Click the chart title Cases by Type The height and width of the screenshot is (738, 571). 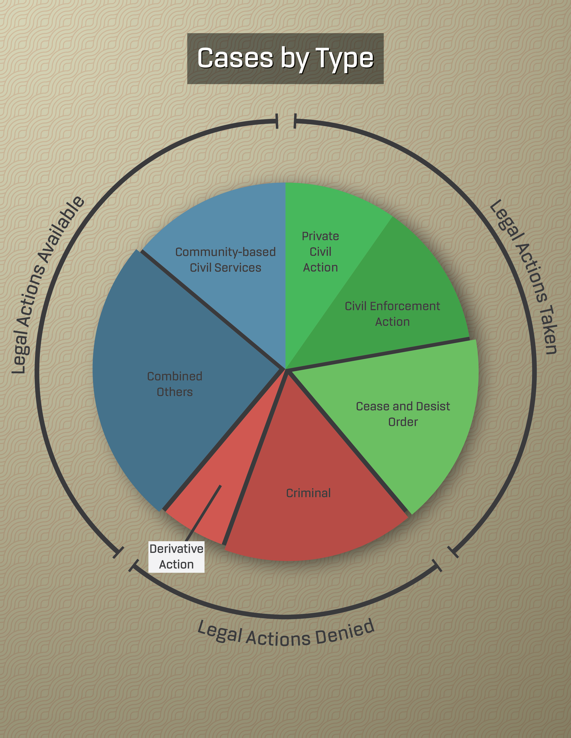(285, 58)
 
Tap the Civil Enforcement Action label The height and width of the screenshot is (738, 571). (392, 314)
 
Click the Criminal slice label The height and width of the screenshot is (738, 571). (308, 493)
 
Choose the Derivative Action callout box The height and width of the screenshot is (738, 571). (177, 557)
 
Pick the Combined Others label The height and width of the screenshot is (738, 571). (174, 384)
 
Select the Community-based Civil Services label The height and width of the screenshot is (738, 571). (225, 260)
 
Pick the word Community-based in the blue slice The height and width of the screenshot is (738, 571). (225, 252)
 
